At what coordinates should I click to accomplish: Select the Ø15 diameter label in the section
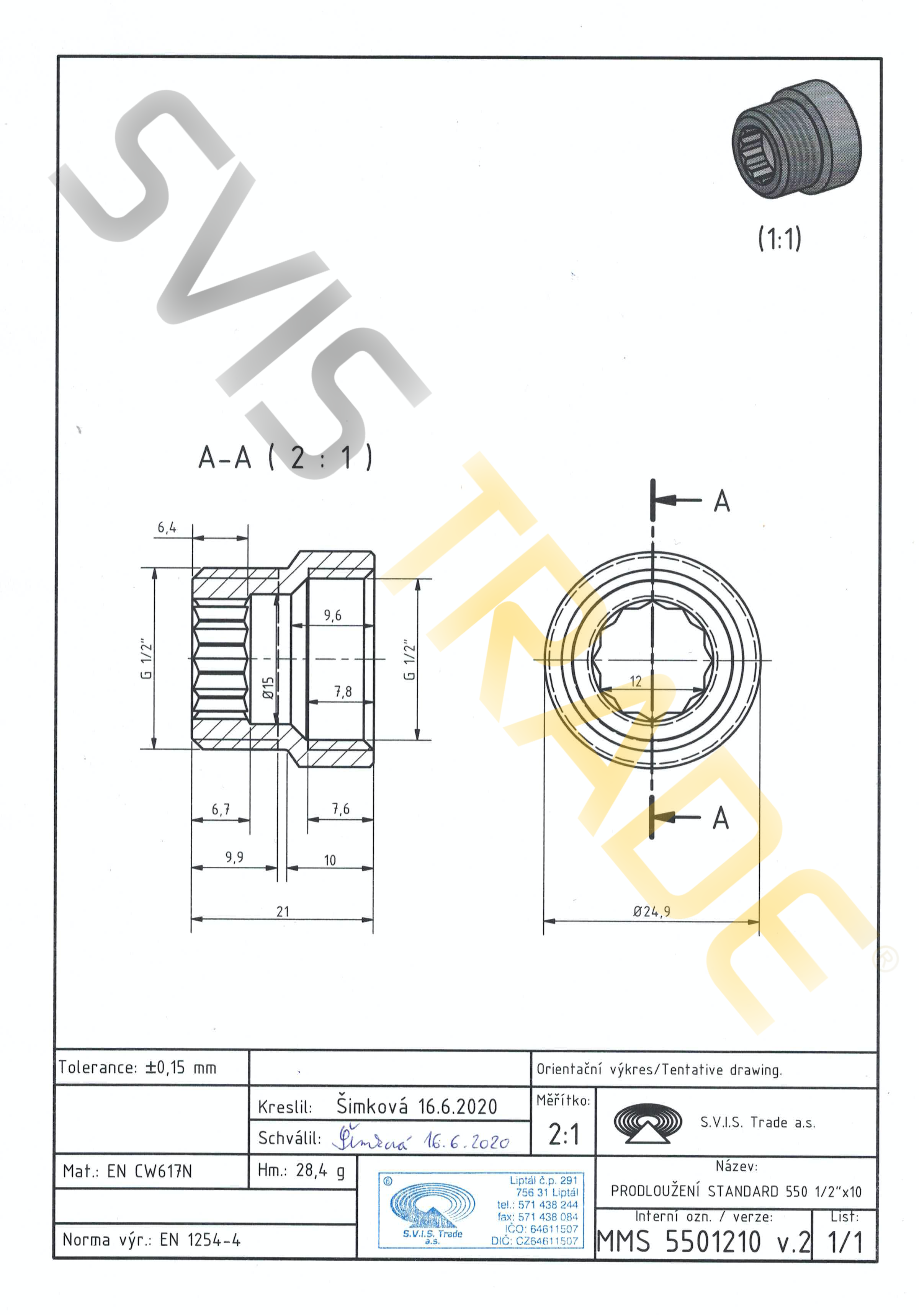(x=268, y=687)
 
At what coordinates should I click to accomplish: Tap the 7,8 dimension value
(x=343, y=692)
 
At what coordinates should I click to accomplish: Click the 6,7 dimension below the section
(x=221, y=809)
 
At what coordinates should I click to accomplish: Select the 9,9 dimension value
(x=234, y=857)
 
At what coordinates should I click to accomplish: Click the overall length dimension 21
(x=283, y=911)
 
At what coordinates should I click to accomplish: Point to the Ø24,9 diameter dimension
(x=651, y=911)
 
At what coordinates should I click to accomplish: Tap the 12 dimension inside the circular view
(x=635, y=681)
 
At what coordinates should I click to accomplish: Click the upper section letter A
(x=721, y=502)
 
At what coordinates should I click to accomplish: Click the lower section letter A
(x=720, y=818)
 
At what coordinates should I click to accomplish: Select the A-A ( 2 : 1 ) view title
(x=285, y=457)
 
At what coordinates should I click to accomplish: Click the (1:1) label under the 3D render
(x=779, y=238)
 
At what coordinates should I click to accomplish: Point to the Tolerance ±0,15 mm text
(x=137, y=1068)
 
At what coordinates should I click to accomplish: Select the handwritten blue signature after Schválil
(x=421, y=1139)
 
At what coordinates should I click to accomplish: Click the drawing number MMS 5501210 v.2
(x=703, y=1242)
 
